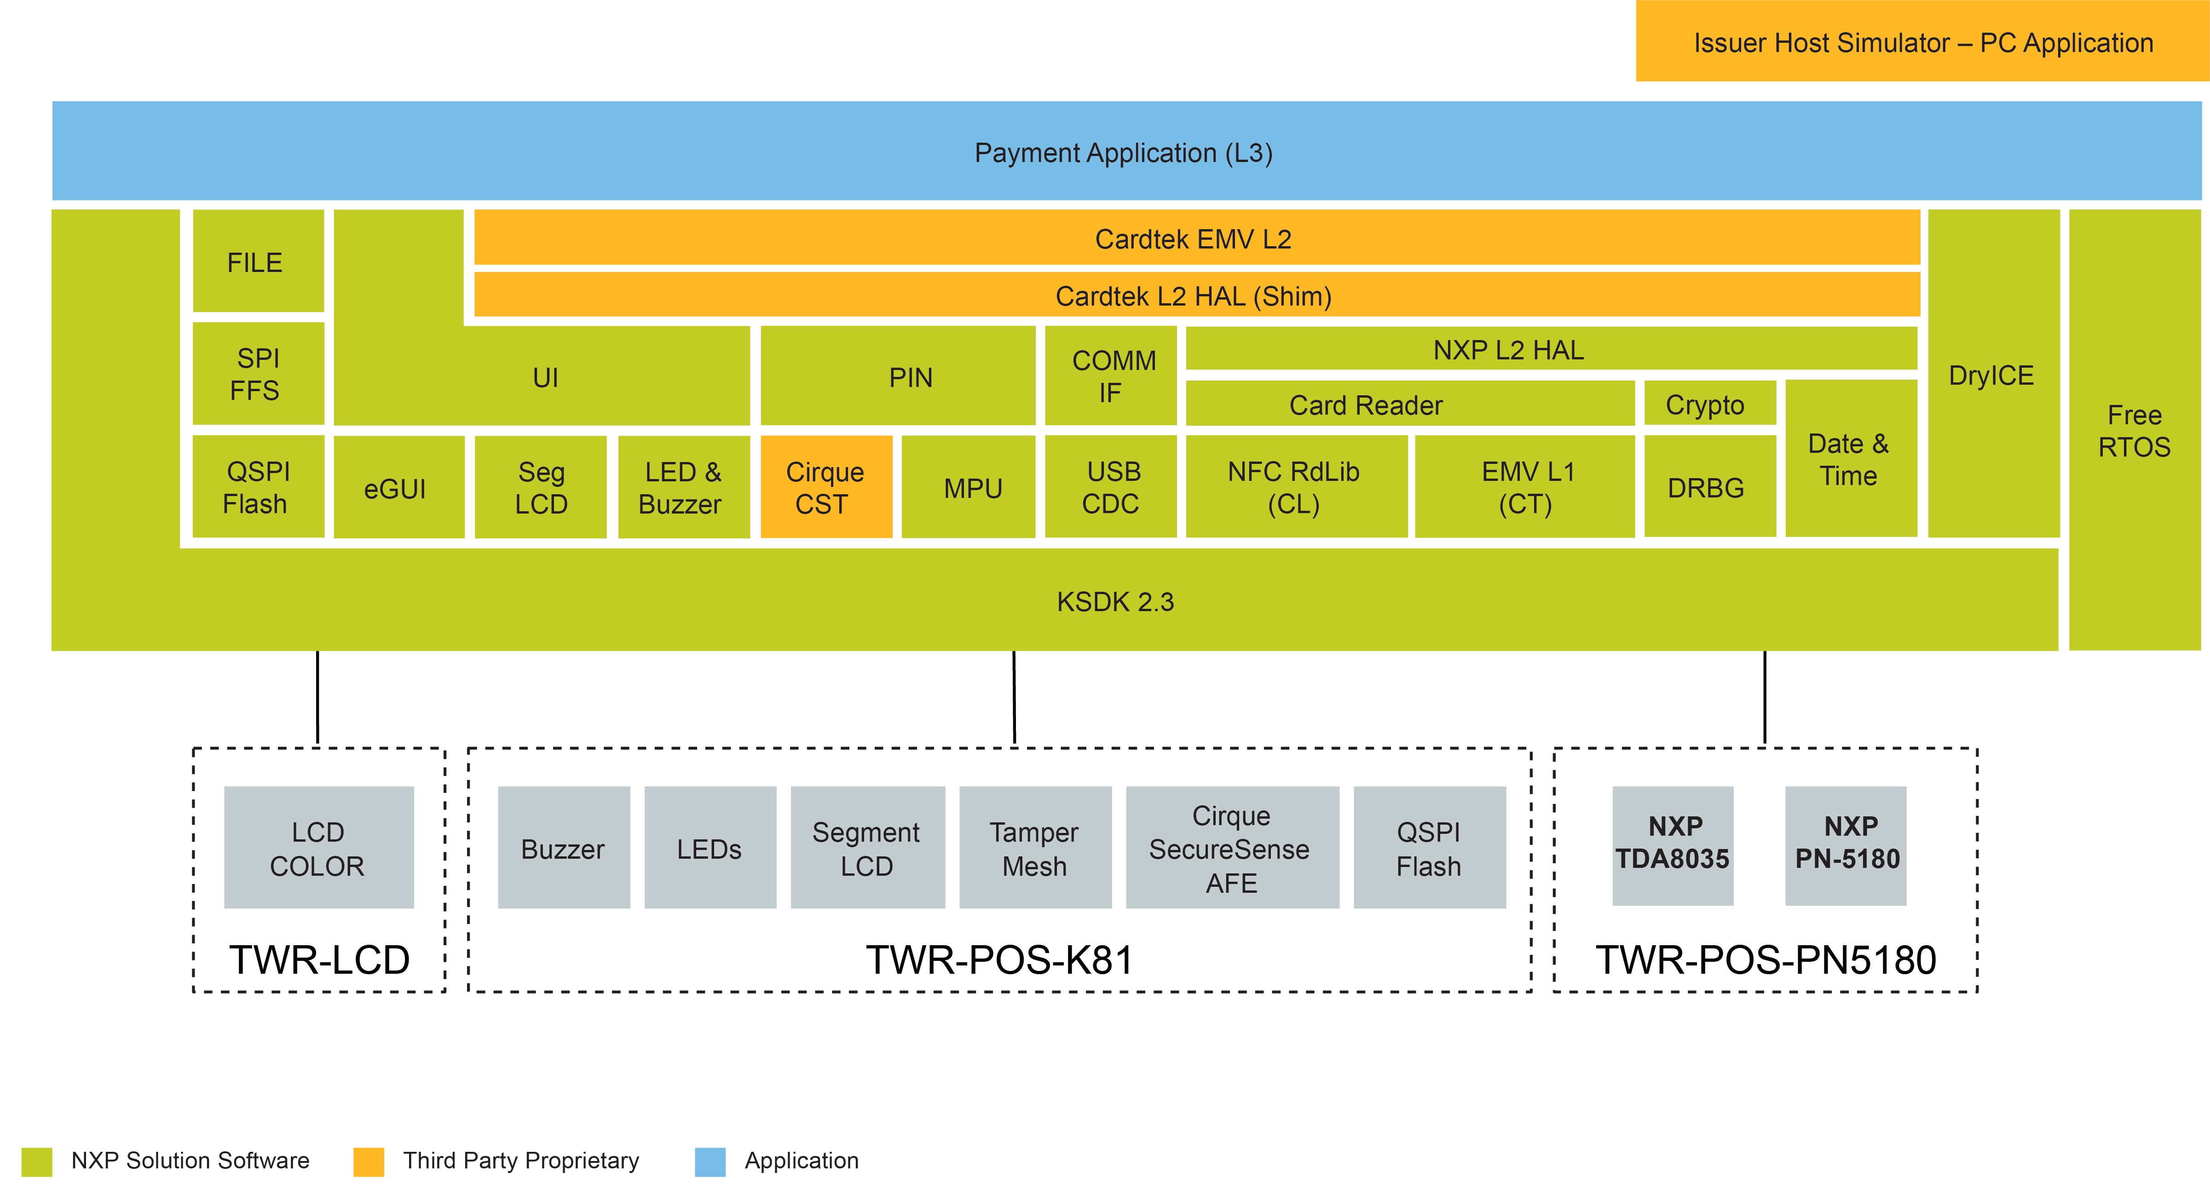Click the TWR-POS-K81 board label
999,959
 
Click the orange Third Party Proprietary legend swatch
368,1161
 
